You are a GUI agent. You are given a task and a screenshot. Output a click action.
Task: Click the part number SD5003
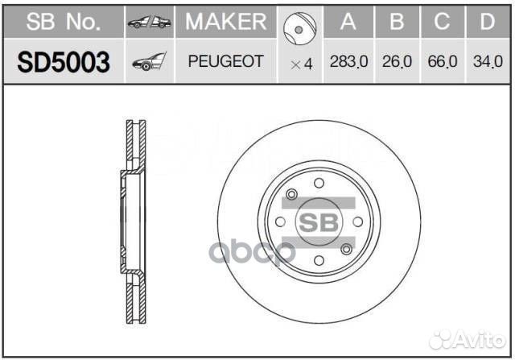click(64, 62)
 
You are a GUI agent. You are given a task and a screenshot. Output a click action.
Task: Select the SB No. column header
click(64, 22)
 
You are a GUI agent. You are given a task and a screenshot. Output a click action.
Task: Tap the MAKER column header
click(226, 22)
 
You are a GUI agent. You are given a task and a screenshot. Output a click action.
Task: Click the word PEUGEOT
click(226, 61)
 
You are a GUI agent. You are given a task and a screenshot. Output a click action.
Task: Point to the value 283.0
click(348, 61)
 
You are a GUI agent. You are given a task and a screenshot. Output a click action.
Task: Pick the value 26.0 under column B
click(397, 61)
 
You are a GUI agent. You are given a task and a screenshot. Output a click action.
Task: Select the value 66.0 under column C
click(443, 61)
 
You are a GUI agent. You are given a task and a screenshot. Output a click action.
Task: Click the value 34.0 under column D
click(488, 61)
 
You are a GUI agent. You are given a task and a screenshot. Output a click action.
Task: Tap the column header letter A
click(348, 22)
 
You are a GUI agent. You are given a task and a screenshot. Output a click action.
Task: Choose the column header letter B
click(397, 22)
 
